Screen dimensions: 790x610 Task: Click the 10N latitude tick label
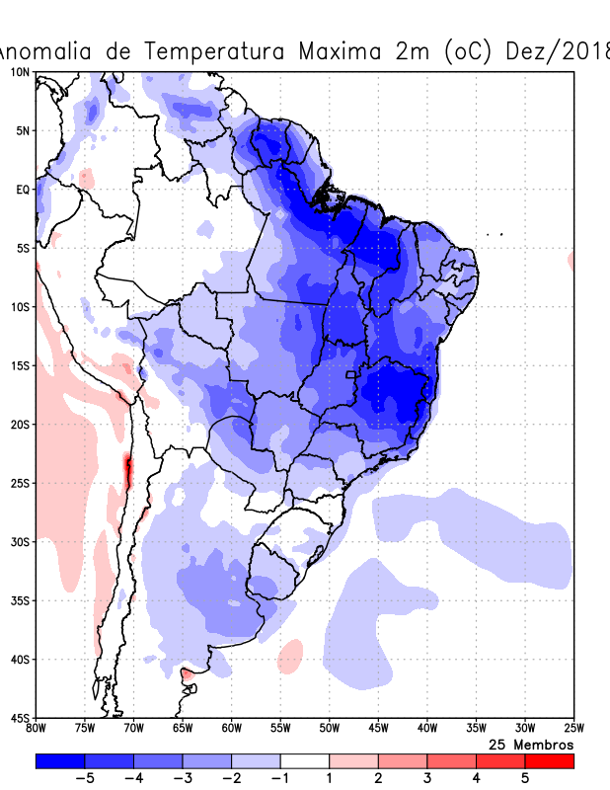19,72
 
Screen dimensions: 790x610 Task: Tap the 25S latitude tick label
19,483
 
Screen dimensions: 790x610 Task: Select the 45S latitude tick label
19,718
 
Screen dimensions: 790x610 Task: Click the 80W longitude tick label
37,729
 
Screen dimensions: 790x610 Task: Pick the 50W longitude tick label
329,729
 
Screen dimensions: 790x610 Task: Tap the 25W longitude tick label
572,729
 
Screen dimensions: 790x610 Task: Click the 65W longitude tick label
183,729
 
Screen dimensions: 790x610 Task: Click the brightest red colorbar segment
549,761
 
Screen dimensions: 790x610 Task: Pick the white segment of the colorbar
304,761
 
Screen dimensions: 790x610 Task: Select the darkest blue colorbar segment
59,761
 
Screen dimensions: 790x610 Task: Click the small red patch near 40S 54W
290,656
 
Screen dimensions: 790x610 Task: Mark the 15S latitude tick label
19,365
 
